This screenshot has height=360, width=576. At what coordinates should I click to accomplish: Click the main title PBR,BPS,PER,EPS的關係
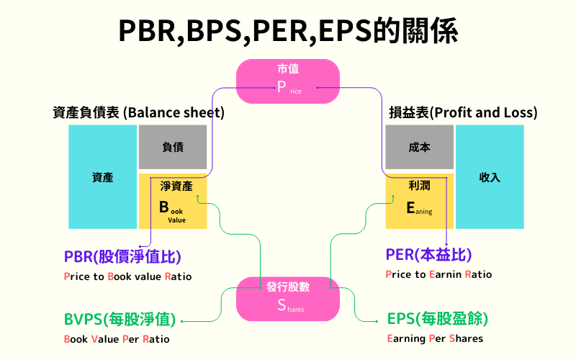pos(288,32)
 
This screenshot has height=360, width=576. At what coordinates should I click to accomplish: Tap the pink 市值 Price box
pos(288,80)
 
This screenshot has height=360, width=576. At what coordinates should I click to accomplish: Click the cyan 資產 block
pos(103,177)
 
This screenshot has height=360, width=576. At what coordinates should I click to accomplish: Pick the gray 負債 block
pos(173,148)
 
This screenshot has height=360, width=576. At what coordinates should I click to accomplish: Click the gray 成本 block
pos(419,148)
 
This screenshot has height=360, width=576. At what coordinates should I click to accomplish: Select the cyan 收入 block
pos(490,177)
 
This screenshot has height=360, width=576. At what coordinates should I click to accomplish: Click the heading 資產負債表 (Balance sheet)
pos(138,113)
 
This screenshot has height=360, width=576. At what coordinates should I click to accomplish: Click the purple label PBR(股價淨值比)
pos(122,256)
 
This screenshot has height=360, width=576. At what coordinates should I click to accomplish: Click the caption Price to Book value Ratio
pos(127,276)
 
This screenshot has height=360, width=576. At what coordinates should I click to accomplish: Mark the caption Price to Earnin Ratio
pos(439,274)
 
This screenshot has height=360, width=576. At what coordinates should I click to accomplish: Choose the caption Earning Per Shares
pos(435,338)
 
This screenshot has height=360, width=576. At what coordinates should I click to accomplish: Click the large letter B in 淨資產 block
pos(164,207)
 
